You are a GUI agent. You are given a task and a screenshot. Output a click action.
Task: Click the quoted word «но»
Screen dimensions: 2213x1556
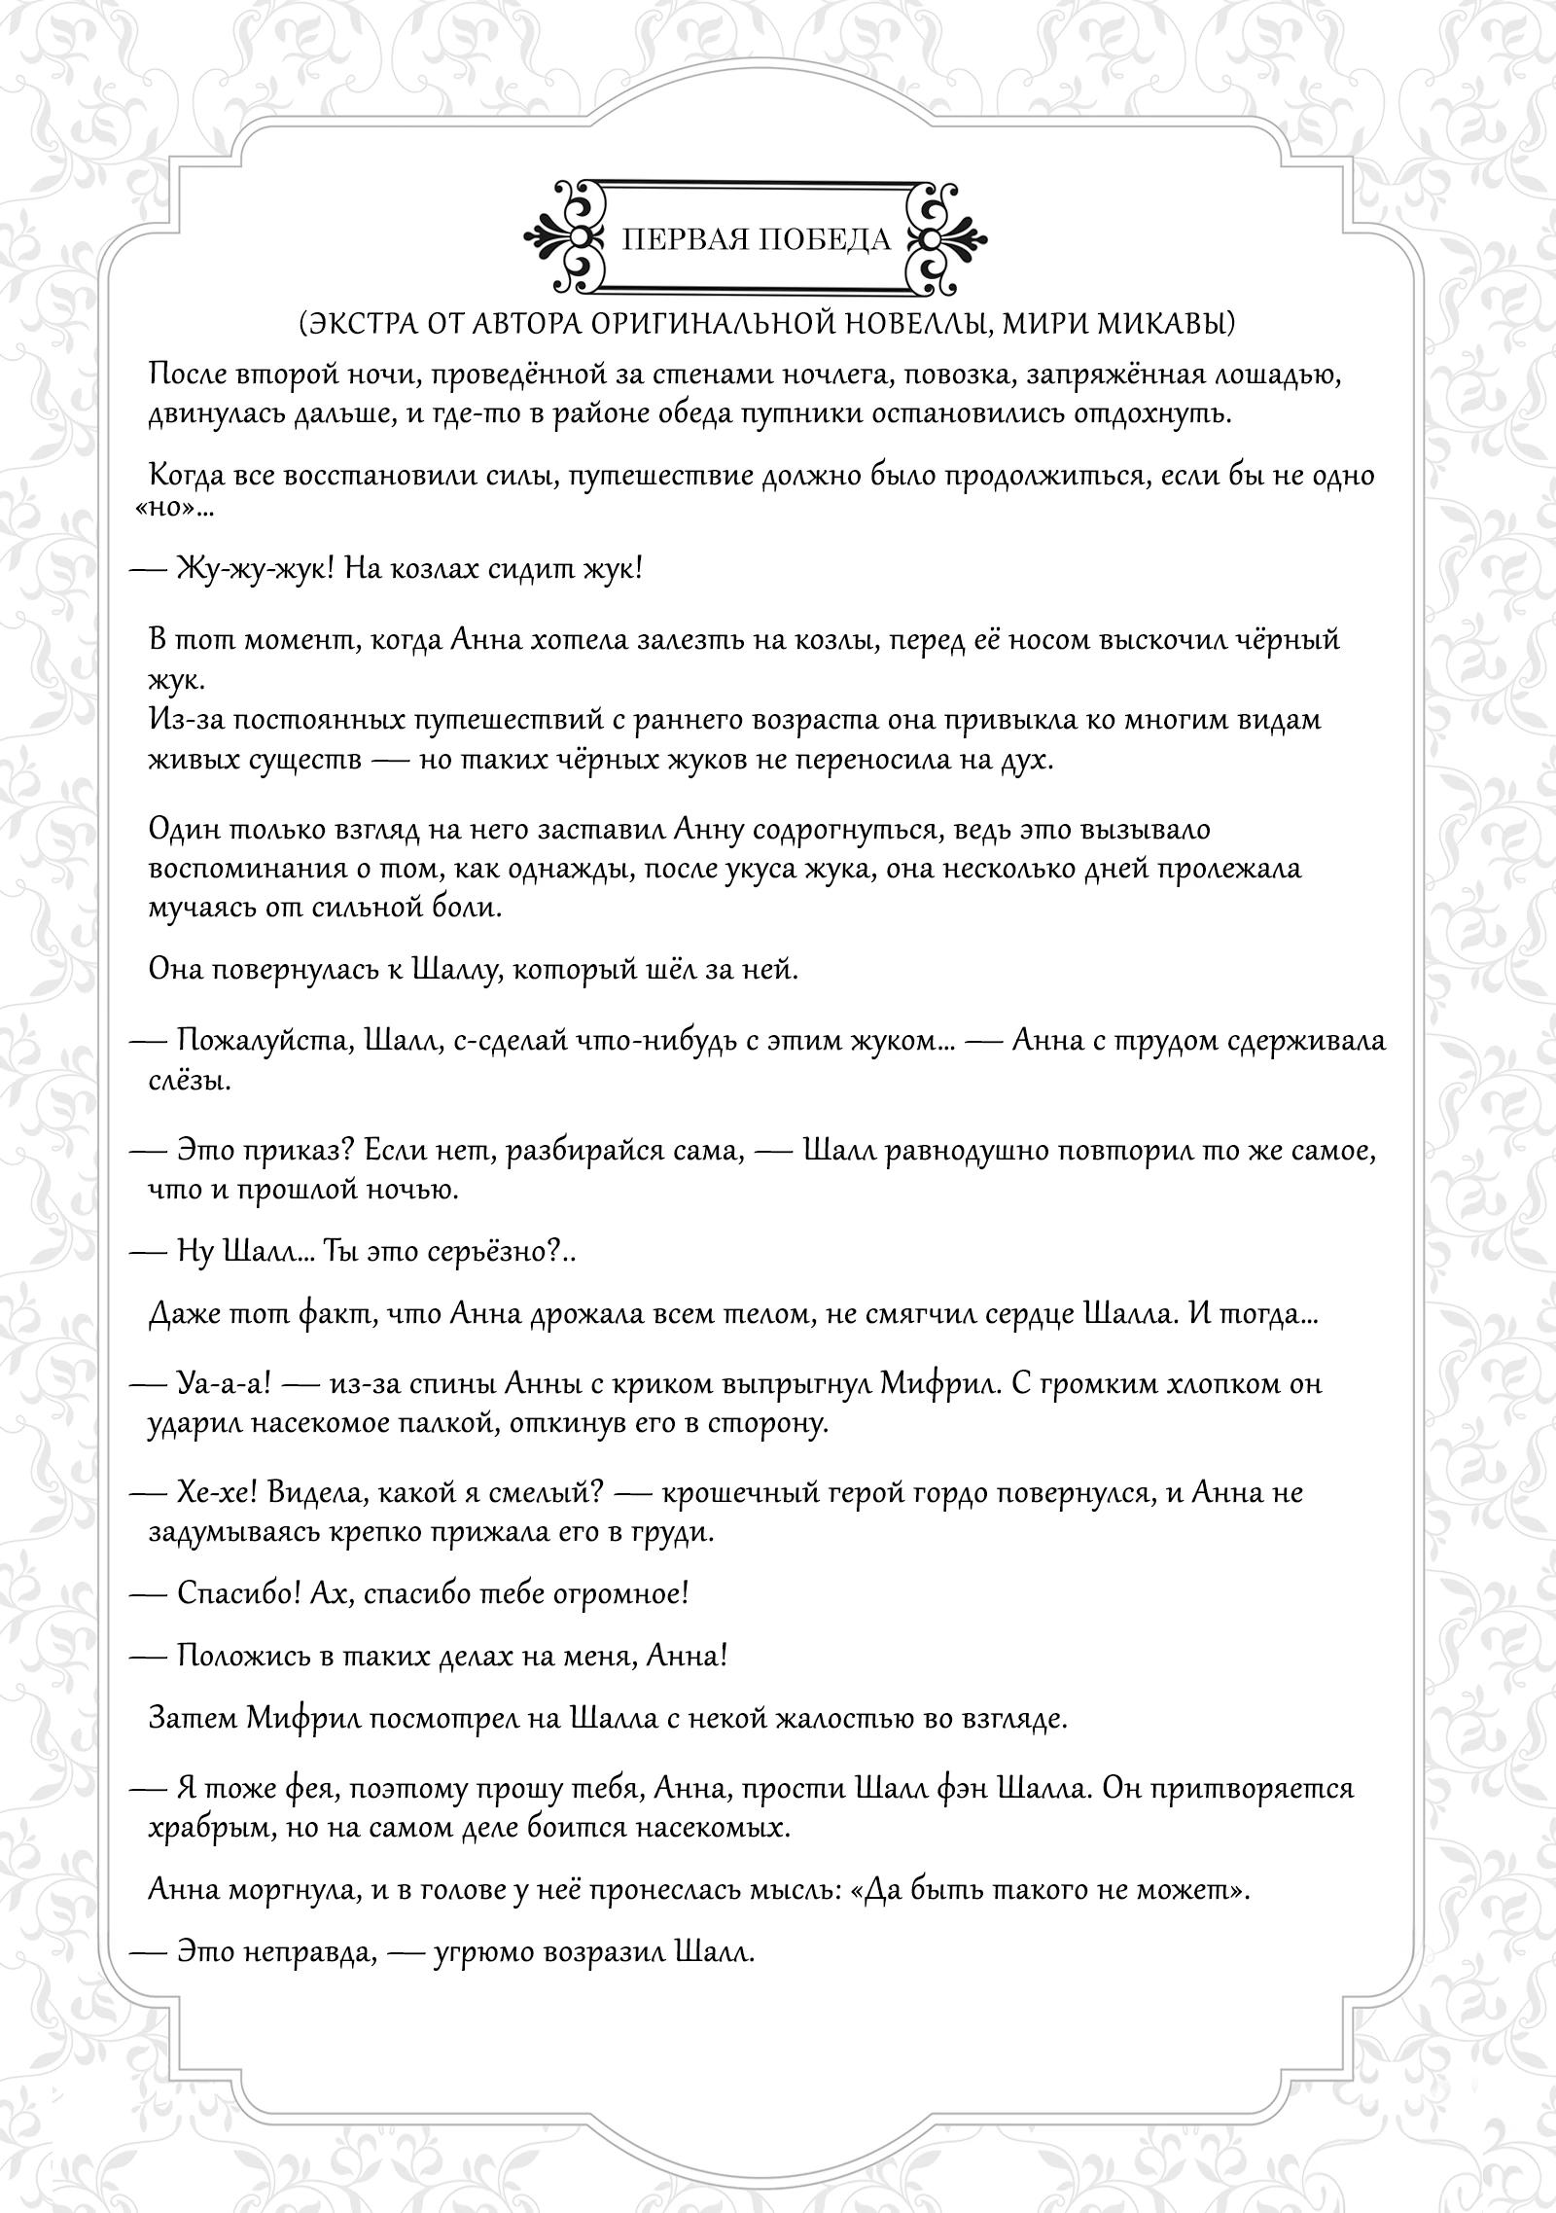(x=168, y=510)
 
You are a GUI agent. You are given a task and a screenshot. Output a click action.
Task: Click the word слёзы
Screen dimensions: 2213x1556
(x=189, y=1080)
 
